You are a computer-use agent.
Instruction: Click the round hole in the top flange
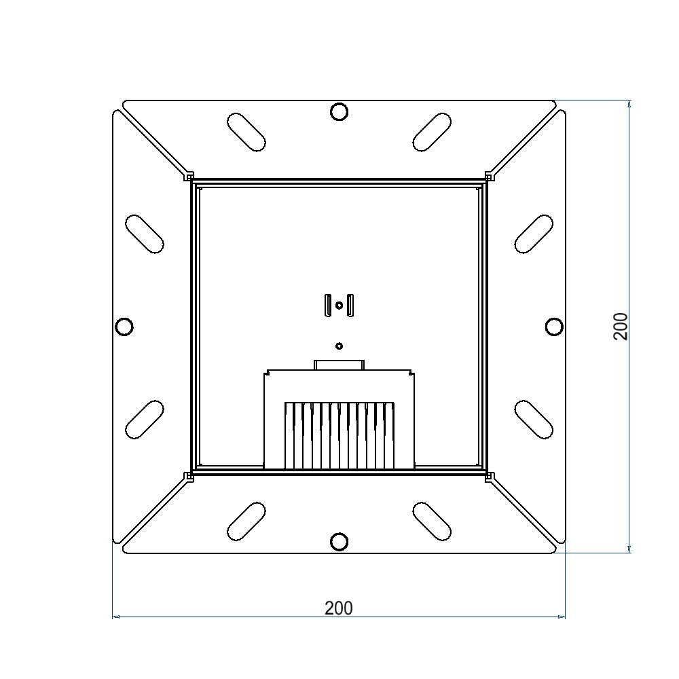coord(339,112)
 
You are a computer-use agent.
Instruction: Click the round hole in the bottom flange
coord(339,542)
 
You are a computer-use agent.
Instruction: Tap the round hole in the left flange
coord(124,326)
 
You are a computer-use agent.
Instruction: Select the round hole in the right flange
coord(554,327)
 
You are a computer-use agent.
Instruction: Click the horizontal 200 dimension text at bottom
coord(339,608)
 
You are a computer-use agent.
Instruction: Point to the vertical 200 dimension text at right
coord(621,326)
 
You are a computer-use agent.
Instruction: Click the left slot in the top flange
coord(246,132)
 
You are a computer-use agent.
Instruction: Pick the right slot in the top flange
coord(432,132)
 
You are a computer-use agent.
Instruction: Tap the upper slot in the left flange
coord(144,234)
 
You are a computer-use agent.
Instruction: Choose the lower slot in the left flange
coord(144,420)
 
